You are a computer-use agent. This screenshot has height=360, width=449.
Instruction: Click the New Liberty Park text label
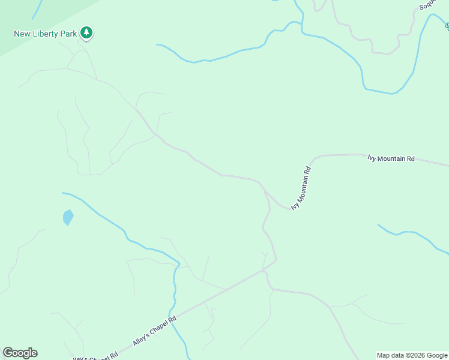(46, 34)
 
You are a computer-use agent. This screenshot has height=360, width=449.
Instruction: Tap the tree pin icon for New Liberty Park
(87, 33)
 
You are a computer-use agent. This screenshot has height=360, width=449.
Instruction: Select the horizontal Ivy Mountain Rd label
(391, 158)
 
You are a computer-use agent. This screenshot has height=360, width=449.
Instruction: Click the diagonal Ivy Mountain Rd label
(303, 188)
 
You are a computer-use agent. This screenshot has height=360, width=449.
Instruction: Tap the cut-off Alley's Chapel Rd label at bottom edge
(95, 356)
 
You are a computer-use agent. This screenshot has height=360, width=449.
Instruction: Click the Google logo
(20, 353)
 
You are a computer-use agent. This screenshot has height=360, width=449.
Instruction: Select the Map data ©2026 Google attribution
(412, 355)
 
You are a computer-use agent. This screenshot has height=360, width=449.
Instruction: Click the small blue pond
(68, 217)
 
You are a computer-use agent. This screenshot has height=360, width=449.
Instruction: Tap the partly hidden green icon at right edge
(447, 26)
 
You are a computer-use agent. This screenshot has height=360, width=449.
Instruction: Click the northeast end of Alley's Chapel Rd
(275, 260)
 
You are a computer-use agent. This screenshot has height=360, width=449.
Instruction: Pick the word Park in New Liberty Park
(68, 34)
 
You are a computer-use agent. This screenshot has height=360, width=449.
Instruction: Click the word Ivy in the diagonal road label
(295, 204)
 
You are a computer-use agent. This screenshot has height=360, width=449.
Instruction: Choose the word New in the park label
(22, 34)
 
